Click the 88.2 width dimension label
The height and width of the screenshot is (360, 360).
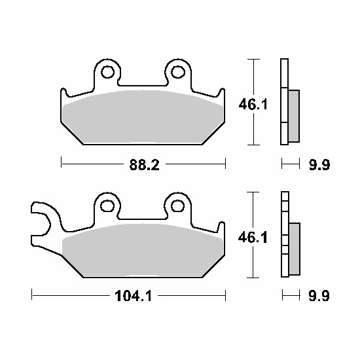(x=144, y=164)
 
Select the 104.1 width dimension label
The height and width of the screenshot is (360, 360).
(x=133, y=296)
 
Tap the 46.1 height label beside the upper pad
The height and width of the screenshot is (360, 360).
(x=253, y=105)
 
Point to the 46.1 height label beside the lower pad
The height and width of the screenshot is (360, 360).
(x=253, y=238)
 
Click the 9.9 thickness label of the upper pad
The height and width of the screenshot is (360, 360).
(x=319, y=164)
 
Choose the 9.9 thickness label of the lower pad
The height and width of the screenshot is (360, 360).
(x=319, y=296)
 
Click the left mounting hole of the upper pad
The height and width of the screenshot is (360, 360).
(x=108, y=72)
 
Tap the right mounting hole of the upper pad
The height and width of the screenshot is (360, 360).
(x=178, y=72)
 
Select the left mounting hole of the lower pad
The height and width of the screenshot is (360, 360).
(x=108, y=206)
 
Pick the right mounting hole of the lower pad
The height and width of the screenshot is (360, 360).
(x=178, y=206)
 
